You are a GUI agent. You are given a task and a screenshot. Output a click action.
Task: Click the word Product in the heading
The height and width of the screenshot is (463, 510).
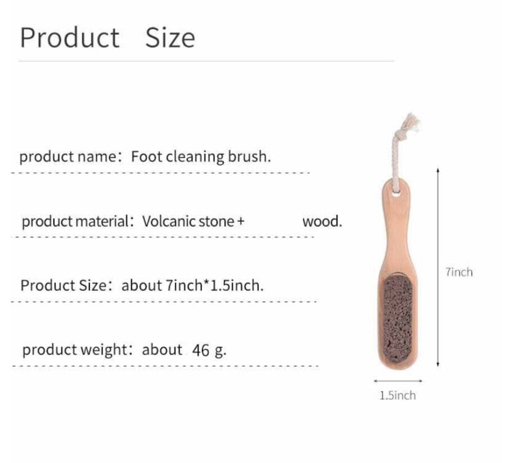pyautogui.click(x=70, y=38)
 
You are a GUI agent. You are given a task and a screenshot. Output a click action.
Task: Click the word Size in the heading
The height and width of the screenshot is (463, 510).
pyautogui.click(x=170, y=38)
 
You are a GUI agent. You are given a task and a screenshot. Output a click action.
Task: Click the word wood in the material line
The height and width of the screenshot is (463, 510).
pyautogui.click(x=321, y=221)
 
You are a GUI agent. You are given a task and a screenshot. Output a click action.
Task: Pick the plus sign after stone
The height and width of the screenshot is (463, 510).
pyautogui.click(x=241, y=222)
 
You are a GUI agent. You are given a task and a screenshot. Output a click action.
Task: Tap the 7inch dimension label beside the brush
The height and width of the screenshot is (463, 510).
pyautogui.click(x=459, y=272)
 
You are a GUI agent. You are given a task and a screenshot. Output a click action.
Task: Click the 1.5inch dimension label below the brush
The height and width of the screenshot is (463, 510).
pyautogui.click(x=397, y=395)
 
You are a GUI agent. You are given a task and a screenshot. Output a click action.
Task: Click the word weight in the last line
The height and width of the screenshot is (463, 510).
pyautogui.click(x=105, y=350)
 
